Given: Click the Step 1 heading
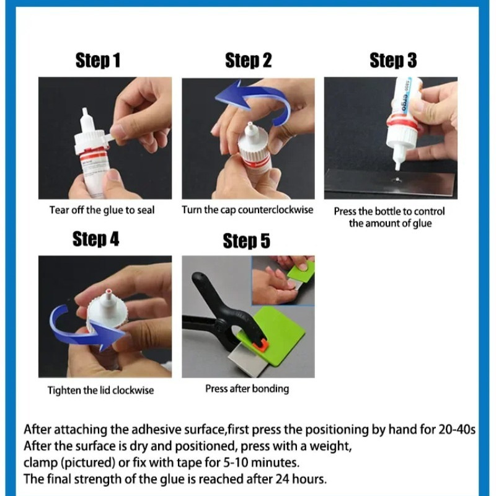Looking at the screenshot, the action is pos(98,60).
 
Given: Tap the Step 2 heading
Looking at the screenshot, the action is pos(249,60).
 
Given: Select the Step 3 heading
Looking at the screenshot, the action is pos(393,60).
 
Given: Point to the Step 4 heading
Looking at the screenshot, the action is pos(96,239).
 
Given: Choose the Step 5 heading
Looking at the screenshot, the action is pos(246,241).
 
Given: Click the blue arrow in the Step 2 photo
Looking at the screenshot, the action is pos(253,95).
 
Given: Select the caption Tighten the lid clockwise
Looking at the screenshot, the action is pos(100,390).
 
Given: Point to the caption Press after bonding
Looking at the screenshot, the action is pos(247,389).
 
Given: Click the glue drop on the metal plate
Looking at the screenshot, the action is pos(397,180).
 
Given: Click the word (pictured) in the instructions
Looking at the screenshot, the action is pos(88,463).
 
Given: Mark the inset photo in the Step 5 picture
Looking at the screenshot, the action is pos(283,281).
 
